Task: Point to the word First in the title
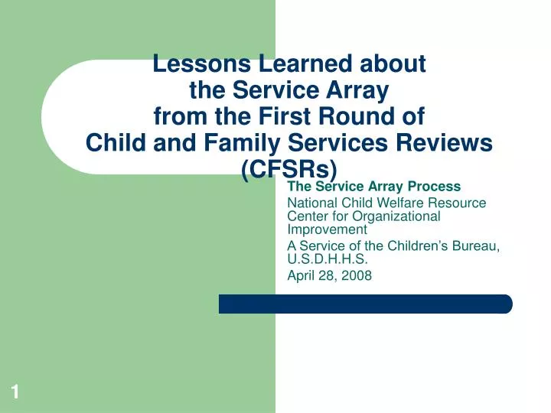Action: pos(275,116)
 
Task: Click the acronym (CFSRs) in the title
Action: pos(289,169)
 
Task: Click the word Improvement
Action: pos(327,229)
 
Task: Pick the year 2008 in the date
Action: pos(357,275)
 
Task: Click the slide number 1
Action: pos(15,392)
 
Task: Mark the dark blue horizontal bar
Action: pos(365,304)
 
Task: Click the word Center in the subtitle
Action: pos(305,216)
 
